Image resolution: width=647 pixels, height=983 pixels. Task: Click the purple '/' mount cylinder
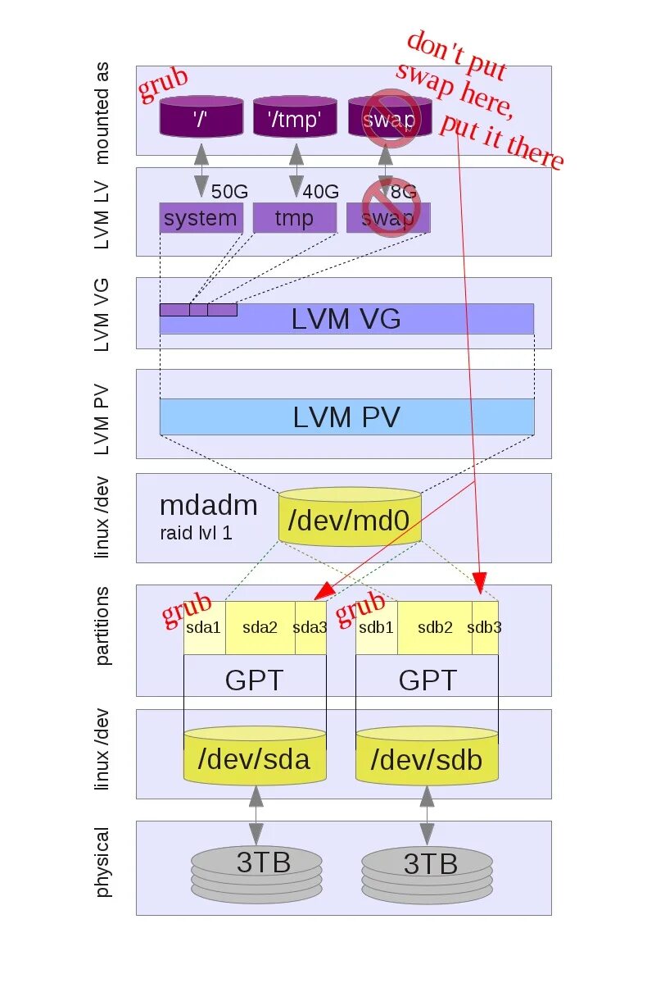click(201, 117)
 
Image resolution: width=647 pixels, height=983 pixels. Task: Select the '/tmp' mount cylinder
click(295, 117)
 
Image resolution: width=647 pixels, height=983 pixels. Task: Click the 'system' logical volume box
click(201, 218)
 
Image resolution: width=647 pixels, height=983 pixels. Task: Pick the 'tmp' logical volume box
click(294, 218)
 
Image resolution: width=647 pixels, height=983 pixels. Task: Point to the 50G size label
click(229, 192)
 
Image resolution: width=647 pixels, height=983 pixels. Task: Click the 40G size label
click(321, 192)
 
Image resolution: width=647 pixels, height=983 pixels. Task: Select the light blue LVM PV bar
click(346, 417)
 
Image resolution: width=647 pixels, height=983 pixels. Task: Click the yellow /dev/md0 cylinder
click(350, 518)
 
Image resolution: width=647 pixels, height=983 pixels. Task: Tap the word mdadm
click(208, 505)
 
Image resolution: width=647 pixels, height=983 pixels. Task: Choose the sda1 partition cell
click(204, 628)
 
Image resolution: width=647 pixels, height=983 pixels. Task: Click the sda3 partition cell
click(310, 628)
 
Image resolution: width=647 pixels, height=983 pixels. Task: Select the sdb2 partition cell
click(435, 628)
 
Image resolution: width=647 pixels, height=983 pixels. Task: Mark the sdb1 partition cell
click(377, 628)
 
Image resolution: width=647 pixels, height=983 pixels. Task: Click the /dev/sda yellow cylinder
click(256, 758)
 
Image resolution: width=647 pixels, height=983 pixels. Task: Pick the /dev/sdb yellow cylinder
click(427, 758)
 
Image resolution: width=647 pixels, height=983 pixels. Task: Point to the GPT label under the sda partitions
click(254, 680)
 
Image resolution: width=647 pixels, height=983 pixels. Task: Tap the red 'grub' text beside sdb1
click(360, 608)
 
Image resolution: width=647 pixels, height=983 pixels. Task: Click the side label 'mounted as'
click(102, 111)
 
